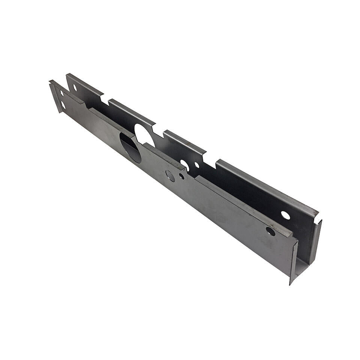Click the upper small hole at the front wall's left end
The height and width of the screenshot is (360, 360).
point(61,93)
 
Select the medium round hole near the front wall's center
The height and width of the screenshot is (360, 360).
point(170,175)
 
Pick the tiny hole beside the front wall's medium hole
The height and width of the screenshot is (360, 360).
point(181,176)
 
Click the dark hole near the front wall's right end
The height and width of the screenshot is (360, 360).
point(270,231)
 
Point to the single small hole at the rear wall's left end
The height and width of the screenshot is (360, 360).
point(75,87)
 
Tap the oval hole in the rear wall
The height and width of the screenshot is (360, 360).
point(185,164)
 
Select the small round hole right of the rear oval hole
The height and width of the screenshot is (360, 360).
point(197,165)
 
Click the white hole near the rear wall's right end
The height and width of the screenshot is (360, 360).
point(285,215)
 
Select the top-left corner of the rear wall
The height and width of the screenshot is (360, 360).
point(67,74)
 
